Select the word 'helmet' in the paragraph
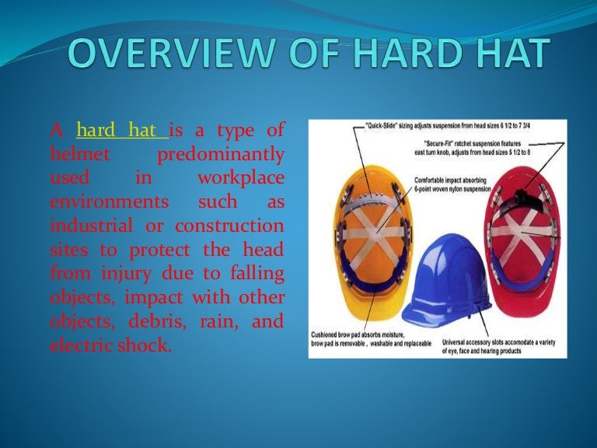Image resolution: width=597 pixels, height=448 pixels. [76, 155]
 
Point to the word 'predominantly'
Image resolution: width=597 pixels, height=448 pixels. [220, 155]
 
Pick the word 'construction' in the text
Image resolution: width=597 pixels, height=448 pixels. [230, 226]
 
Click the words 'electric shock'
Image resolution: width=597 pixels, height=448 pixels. [110, 345]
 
